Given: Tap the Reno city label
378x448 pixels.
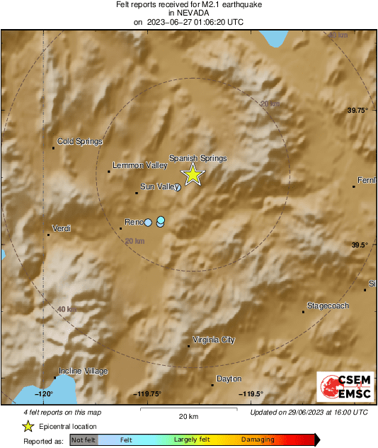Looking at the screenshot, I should [x=134, y=222].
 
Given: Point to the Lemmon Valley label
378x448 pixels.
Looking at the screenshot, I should [x=139, y=165].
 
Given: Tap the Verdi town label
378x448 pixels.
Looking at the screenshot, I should [x=62, y=228].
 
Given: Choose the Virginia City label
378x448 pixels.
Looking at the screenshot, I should [x=213, y=340].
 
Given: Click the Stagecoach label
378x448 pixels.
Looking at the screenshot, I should [x=328, y=306].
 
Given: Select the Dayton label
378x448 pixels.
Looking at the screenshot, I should [x=229, y=379].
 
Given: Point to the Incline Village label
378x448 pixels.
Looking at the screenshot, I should [x=83, y=371].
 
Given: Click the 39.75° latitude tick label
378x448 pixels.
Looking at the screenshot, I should [x=359, y=111].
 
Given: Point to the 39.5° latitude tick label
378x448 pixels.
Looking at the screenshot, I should [x=361, y=245].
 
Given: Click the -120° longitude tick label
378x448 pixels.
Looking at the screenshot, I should [x=45, y=394].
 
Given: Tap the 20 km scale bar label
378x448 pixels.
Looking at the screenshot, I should [x=187, y=415].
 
